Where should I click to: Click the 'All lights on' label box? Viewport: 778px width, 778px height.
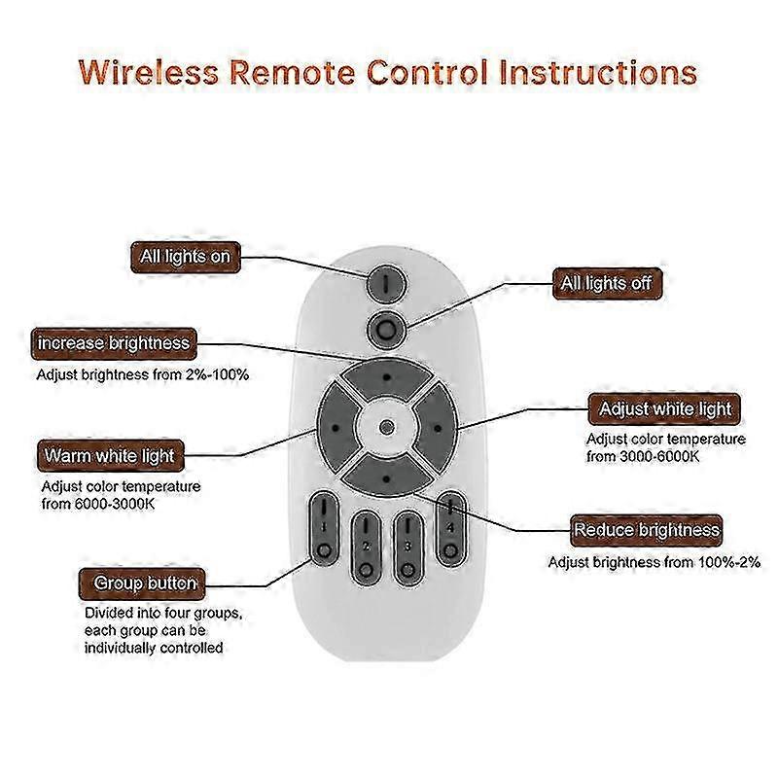click(x=186, y=257)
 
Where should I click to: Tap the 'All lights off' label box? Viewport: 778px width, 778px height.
click(x=607, y=283)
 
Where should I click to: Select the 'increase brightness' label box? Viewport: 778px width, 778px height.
click(x=114, y=343)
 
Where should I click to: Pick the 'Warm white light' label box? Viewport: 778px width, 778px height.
click(x=110, y=455)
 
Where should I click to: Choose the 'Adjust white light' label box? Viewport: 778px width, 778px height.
click(x=664, y=409)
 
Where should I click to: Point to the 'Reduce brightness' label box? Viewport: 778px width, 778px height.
click(x=646, y=530)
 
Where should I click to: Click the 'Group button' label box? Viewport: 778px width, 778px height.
click(x=142, y=583)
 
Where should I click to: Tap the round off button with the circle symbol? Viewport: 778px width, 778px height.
click(x=386, y=330)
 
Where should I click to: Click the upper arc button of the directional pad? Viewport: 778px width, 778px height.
click(x=386, y=377)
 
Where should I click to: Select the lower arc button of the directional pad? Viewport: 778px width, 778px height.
click(x=386, y=477)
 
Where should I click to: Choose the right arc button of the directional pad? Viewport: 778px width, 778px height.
click(x=436, y=428)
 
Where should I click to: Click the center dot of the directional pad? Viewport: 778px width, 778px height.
click(x=386, y=427)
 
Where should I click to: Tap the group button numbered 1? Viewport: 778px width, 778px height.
click(x=324, y=528)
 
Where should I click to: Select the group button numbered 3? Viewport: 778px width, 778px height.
click(x=407, y=548)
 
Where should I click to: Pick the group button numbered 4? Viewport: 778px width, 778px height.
click(x=450, y=528)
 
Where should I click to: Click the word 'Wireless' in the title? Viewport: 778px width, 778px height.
click(x=149, y=71)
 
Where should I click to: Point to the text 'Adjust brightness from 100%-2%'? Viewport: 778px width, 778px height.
click(x=654, y=562)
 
